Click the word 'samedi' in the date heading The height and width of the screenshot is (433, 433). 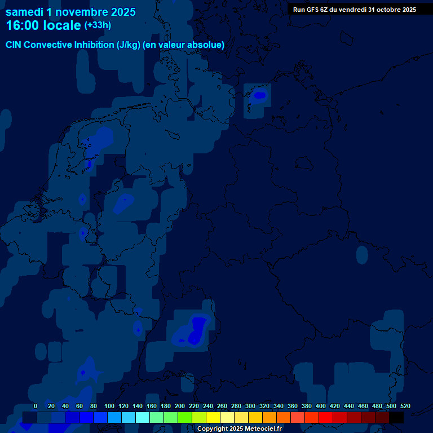click(24, 12)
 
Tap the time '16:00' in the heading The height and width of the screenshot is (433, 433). click(23, 25)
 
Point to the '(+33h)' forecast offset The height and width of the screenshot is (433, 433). click(98, 25)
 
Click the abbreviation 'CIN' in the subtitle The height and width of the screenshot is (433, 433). click(14, 45)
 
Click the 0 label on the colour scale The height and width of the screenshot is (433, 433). click(36, 406)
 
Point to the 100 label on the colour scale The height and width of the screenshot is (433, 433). click(109, 406)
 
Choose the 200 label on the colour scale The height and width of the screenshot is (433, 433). click(180, 406)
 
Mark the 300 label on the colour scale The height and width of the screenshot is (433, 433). click(250, 406)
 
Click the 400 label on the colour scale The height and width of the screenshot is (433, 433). click(321, 406)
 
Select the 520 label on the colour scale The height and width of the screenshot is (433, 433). click(405, 406)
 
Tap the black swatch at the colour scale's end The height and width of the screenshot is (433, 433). click(396, 418)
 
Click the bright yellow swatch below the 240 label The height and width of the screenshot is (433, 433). click(213, 418)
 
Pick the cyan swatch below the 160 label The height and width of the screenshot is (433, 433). click(143, 418)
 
